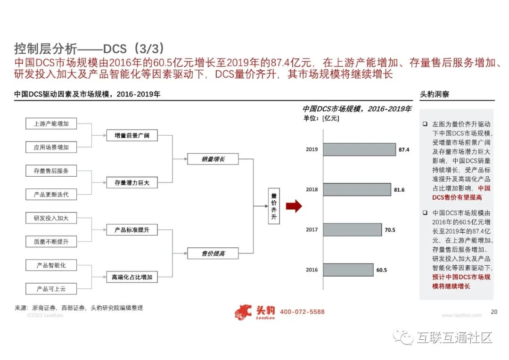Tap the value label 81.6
click(399, 189)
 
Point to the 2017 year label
click(312, 230)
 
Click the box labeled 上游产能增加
click(51, 124)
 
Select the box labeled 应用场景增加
click(51, 147)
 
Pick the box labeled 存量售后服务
click(51, 171)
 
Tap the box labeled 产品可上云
click(51, 289)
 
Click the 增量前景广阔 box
click(131, 136)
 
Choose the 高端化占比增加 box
click(131, 277)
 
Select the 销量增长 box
click(213, 159)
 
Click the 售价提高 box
click(213, 254)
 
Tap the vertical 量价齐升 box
click(274, 206)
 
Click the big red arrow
click(293, 206)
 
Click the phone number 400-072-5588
click(302, 312)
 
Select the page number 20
click(494, 311)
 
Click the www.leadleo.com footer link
click(461, 315)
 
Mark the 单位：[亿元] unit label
click(321, 118)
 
